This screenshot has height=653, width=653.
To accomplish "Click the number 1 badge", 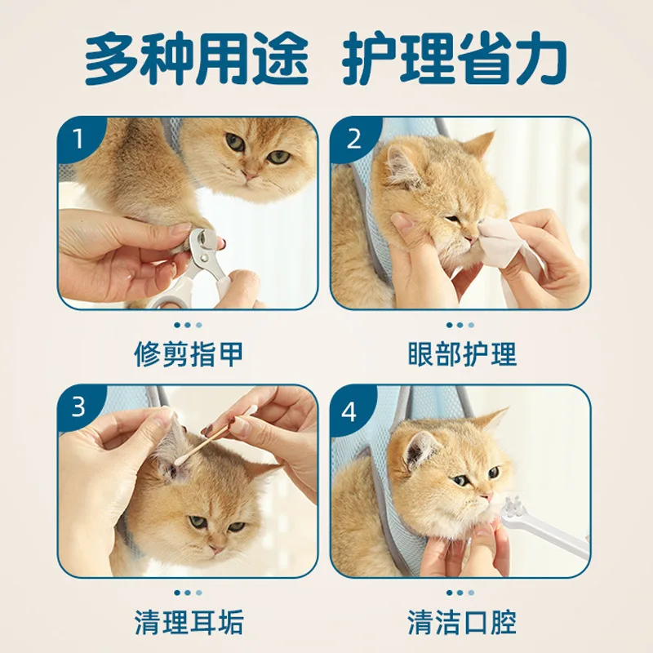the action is click(79, 139).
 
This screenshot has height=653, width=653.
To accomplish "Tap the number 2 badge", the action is click(353, 139).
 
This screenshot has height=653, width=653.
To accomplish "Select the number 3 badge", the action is click(78, 406).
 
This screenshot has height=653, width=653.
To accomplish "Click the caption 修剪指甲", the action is click(189, 354).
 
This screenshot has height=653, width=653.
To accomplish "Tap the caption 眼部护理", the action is click(461, 354).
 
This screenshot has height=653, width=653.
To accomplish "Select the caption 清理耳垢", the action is click(189, 622).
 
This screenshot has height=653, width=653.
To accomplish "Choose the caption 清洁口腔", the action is click(461, 622).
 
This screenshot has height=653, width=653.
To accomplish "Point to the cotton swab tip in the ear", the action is click(178, 460).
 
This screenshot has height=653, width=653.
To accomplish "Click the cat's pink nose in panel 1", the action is click(251, 175).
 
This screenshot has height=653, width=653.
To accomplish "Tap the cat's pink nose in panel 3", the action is click(217, 549).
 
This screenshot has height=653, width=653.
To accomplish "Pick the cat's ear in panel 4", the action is click(420, 447).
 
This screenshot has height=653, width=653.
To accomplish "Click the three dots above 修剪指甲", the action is click(189, 325).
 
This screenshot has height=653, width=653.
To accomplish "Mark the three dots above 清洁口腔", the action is click(460, 593).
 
